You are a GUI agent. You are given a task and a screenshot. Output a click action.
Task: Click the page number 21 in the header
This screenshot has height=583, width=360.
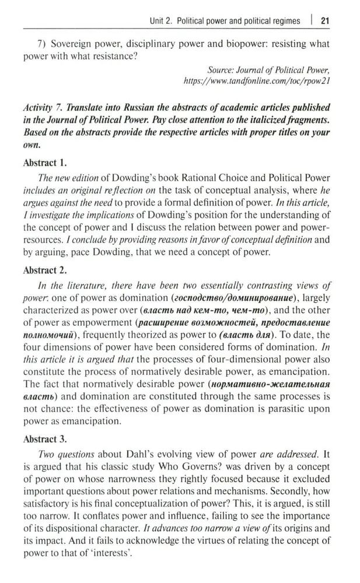[326, 21]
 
